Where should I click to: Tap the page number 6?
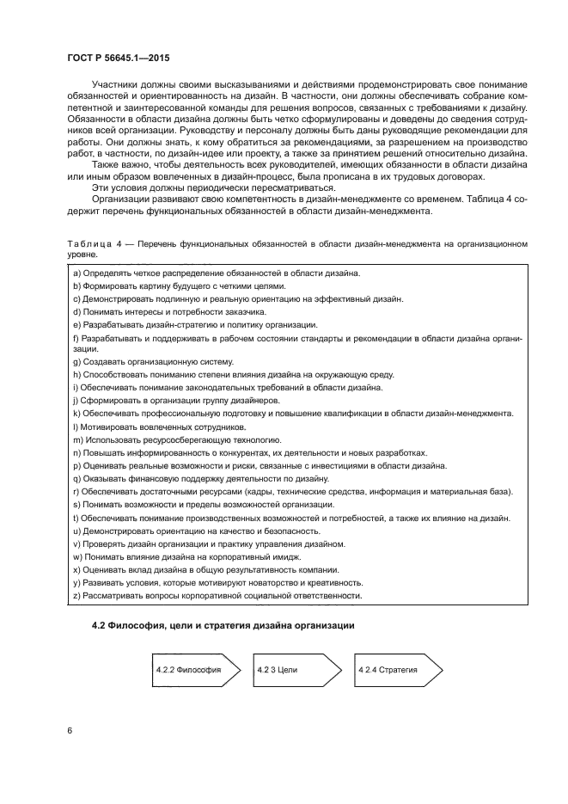pyautogui.click(x=69, y=730)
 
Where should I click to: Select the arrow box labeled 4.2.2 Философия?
pyautogui.click(x=186, y=669)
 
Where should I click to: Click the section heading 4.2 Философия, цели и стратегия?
pyautogui.click(x=223, y=623)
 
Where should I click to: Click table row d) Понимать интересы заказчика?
pyautogui.click(x=169, y=311)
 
